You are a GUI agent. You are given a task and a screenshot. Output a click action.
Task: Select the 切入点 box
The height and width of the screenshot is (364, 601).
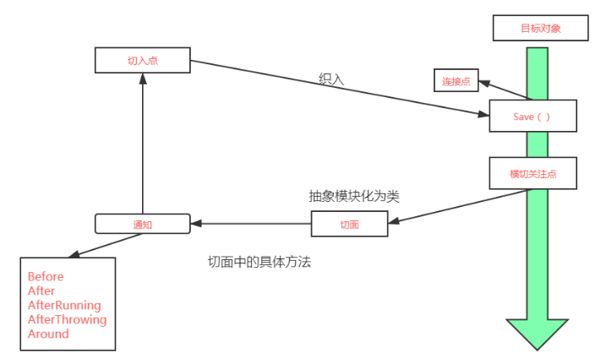[143, 61]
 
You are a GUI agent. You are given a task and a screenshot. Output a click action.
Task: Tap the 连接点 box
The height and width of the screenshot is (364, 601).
[455, 81]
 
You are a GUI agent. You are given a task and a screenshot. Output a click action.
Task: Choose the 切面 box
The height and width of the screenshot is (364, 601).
[349, 224]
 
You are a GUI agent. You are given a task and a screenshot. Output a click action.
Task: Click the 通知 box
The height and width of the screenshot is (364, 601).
[142, 224]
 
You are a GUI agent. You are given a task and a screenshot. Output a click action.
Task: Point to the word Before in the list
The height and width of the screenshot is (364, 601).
[46, 276]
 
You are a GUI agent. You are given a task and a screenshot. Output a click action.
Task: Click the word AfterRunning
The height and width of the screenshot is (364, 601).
[64, 305]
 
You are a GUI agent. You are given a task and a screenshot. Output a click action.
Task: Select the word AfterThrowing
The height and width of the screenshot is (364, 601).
[68, 319]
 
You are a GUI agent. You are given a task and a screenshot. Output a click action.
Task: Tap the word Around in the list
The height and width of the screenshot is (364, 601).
[48, 334]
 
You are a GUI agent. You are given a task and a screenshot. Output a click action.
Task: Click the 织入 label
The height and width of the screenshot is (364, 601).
[331, 78]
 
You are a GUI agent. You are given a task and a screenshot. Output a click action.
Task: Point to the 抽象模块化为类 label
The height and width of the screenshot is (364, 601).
[353, 195]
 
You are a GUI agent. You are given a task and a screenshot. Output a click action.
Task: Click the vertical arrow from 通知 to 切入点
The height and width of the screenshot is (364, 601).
[142, 144]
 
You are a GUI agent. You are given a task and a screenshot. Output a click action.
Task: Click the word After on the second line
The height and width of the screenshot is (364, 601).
[41, 291]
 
